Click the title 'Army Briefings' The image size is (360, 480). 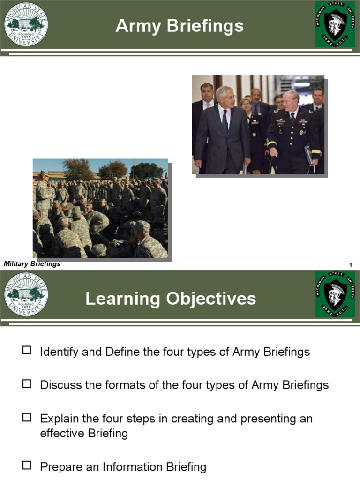(x=180, y=26)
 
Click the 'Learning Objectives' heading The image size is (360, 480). (x=171, y=299)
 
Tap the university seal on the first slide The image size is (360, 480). (x=26, y=24)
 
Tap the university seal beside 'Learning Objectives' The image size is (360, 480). (x=26, y=294)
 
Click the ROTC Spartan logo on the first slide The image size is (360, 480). (x=335, y=24)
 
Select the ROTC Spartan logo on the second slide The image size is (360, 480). (x=335, y=294)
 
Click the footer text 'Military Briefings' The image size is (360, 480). (x=32, y=264)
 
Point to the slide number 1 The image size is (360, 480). (x=350, y=266)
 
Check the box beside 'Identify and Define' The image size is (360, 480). (x=27, y=350)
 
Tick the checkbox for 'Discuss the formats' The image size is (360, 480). (x=27, y=383)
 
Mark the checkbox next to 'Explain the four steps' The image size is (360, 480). (x=27, y=417)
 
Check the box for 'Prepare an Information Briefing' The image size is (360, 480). (x=27, y=465)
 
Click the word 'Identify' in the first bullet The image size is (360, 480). (x=59, y=352)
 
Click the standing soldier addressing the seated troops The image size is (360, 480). (x=44, y=192)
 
